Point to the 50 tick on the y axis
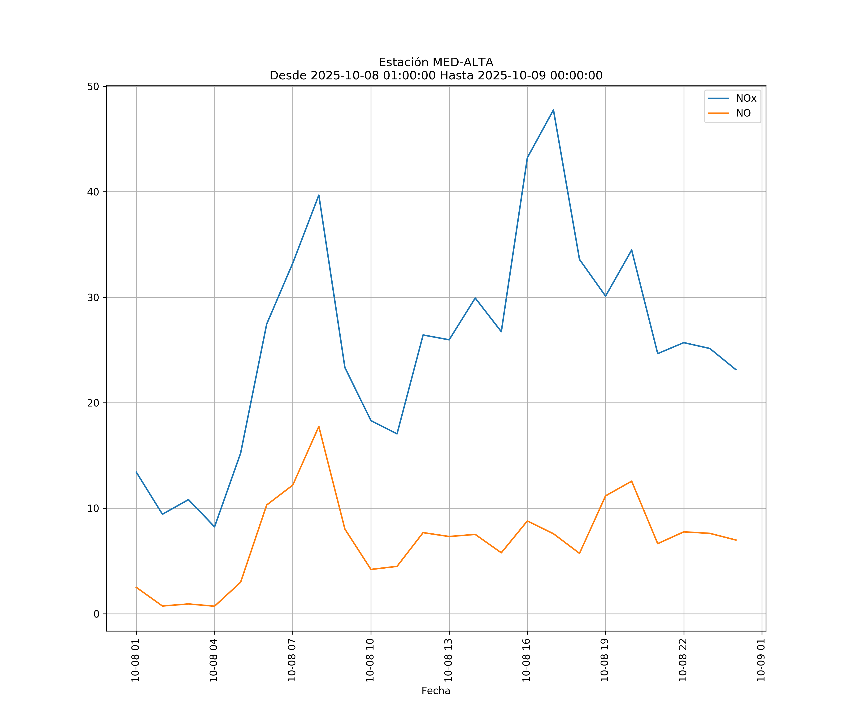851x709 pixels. (94, 87)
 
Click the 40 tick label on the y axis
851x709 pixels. (94, 192)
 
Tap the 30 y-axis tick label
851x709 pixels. (94, 297)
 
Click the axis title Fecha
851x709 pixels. (436, 691)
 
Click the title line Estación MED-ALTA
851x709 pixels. (436, 62)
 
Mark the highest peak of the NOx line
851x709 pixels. (553, 110)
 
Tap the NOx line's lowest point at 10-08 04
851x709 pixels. (214, 527)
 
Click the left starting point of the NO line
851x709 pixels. (136, 587)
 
